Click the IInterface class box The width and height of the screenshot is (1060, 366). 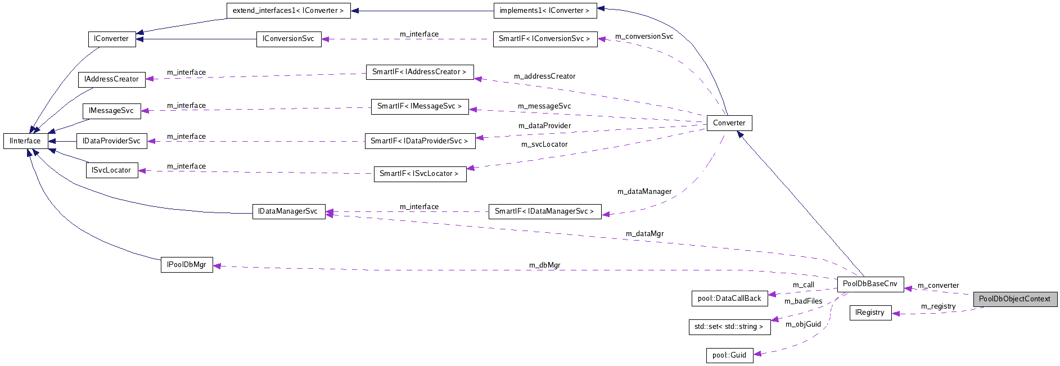point(25,141)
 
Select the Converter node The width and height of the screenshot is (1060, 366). point(729,123)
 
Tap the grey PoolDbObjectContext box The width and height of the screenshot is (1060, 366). point(1015,299)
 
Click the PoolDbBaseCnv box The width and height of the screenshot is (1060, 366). point(870,284)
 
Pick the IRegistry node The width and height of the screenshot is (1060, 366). point(870,313)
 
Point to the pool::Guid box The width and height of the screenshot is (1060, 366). point(729,355)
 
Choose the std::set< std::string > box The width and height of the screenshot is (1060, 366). point(729,327)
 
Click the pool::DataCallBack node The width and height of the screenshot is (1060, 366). point(729,299)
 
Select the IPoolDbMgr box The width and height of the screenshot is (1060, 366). point(187,265)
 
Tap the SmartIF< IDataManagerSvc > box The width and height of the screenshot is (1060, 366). point(544,211)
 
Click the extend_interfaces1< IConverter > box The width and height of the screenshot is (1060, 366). point(288,11)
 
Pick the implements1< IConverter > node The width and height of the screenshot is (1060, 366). point(544,11)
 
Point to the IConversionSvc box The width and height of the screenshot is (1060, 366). point(288,39)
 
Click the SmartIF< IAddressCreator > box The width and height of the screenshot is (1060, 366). point(420,72)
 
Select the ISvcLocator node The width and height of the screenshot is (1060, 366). point(111,170)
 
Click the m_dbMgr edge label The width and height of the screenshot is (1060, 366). point(544,265)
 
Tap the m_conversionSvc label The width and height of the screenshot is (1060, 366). point(644,37)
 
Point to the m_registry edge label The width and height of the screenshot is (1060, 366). point(938,306)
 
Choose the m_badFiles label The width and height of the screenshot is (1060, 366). point(803,301)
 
